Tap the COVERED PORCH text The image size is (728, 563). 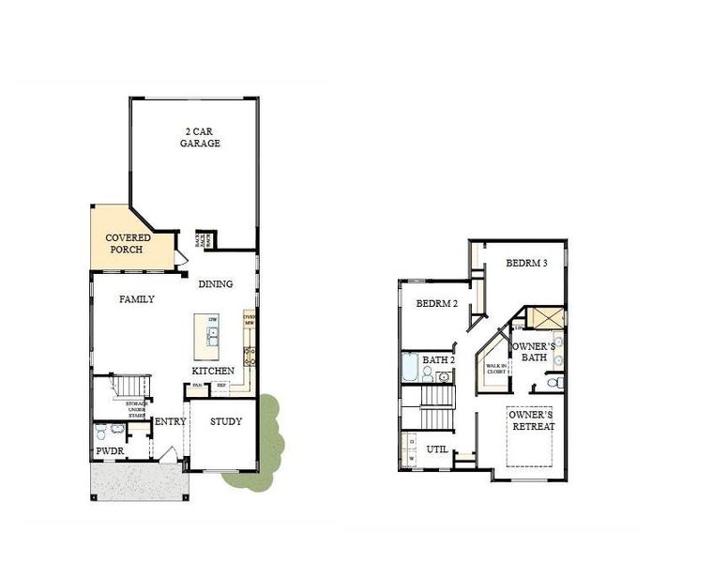click(128, 244)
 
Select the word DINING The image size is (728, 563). click(215, 283)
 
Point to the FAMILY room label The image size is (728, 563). click(136, 299)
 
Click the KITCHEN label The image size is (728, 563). click(213, 371)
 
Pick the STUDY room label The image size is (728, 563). click(226, 421)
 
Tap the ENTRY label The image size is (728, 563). click(170, 421)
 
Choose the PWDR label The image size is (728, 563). click(110, 451)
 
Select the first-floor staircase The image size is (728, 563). click(131, 386)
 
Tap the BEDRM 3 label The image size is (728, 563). click(526, 264)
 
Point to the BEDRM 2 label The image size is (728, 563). click(436, 303)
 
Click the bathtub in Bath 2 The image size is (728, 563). click(410, 367)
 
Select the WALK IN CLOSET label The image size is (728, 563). click(496, 369)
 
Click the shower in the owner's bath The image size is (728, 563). click(545, 317)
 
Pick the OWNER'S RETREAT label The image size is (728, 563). click(532, 419)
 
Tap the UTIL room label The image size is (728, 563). click(437, 449)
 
